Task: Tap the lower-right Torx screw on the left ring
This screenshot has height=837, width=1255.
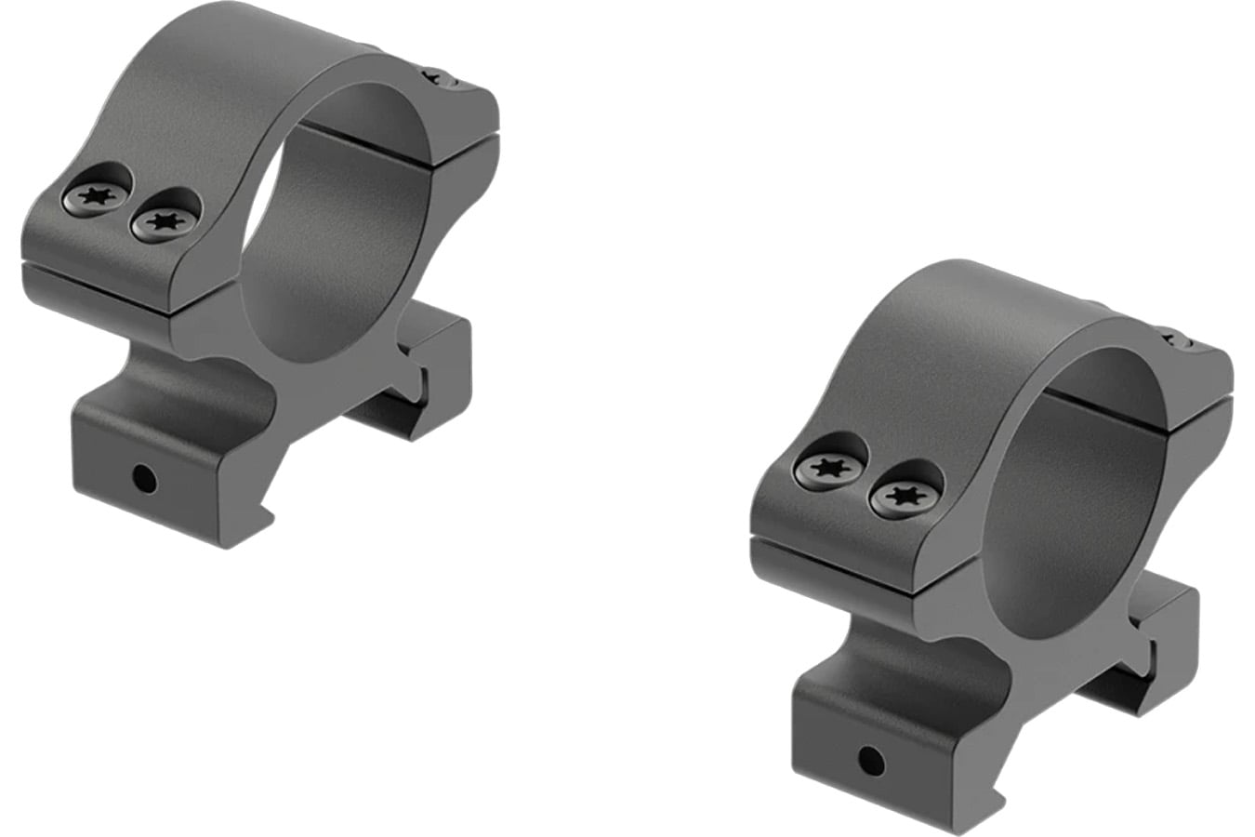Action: pyautogui.click(x=165, y=222)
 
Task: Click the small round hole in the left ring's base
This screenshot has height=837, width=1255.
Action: pyautogui.click(x=143, y=479)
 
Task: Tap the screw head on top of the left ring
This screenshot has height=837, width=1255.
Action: pyautogui.click(x=443, y=78)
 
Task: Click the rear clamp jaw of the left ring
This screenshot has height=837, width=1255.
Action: pyautogui.click(x=428, y=372)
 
